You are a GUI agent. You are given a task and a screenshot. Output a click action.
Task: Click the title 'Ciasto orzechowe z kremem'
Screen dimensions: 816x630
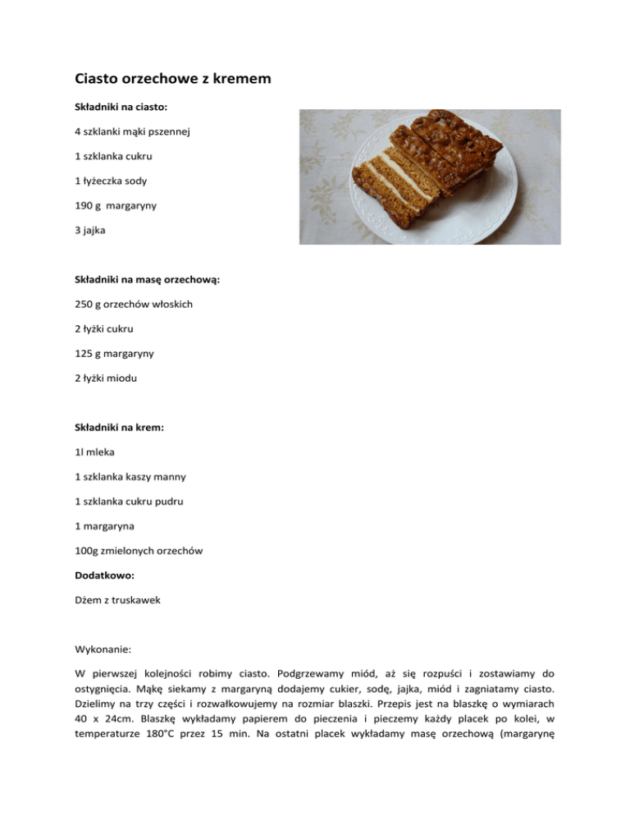click(173, 80)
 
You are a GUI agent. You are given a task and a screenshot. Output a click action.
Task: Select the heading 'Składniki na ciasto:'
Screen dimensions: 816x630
click(121, 107)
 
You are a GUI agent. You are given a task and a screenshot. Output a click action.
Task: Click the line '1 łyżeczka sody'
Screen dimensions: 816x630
click(114, 181)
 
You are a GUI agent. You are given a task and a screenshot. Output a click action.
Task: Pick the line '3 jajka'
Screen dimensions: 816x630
click(90, 232)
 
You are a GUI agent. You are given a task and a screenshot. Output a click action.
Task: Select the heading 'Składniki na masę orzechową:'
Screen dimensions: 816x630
click(146, 280)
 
